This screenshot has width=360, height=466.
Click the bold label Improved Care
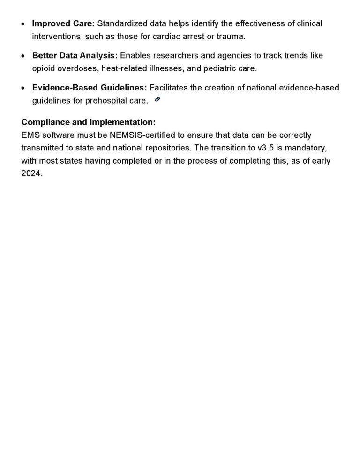tap(63, 23)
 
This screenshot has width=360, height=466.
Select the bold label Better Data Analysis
tap(75, 55)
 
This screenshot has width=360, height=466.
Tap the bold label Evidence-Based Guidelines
tap(90, 88)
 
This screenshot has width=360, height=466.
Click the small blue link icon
tap(157, 99)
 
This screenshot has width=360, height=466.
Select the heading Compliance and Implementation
tap(89, 122)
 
